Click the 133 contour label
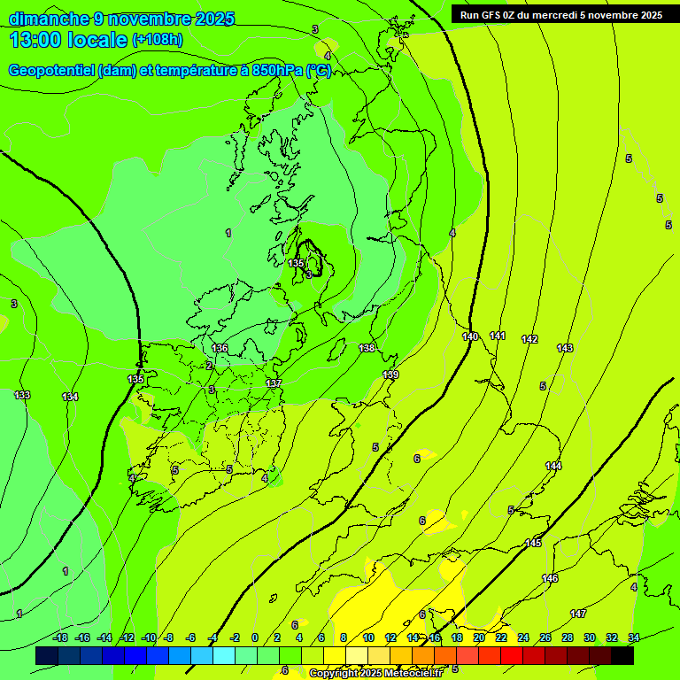pyautogui.click(x=22, y=395)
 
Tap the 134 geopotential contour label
pyautogui.click(x=70, y=397)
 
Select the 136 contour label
pyautogui.click(x=220, y=348)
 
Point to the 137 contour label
pyautogui.click(x=274, y=382)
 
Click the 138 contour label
pyautogui.click(x=367, y=348)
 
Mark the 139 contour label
pyautogui.click(x=390, y=375)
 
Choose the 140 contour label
pyautogui.click(x=470, y=336)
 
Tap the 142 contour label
pyautogui.click(x=529, y=339)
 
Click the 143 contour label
pyautogui.click(x=565, y=348)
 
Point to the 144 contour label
pyautogui.click(x=553, y=466)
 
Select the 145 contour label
pyautogui.click(x=533, y=543)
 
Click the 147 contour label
pyautogui.click(x=578, y=614)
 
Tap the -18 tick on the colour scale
pyautogui.click(x=60, y=637)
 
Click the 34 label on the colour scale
pyautogui.click(x=634, y=637)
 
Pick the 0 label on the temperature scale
pyautogui.click(x=254, y=637)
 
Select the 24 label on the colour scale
pyautogui.click(x=523, y=637)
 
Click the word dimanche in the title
pyautogui.click(x=50, y=19)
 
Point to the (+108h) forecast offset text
pyautogui.click(x=158, y=40)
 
